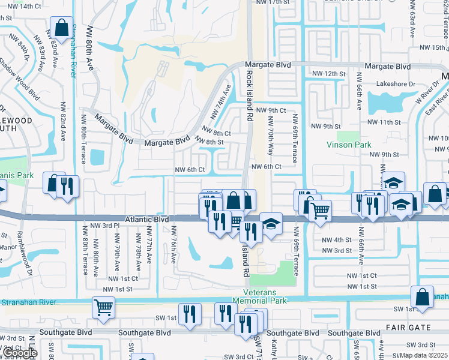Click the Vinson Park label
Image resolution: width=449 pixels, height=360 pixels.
point(349,145)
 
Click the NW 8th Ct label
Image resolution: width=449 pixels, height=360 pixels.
point(216,133)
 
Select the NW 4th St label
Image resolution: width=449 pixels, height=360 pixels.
point(337,239)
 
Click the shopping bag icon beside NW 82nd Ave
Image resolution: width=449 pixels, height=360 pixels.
point(61,27)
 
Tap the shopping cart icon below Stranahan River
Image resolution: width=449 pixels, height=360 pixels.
point(104,307)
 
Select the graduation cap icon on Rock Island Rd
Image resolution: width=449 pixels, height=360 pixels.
point(271,224)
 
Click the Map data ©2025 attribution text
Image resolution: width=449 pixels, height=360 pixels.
point(424,355)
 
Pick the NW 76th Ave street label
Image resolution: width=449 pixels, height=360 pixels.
point(173,245)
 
